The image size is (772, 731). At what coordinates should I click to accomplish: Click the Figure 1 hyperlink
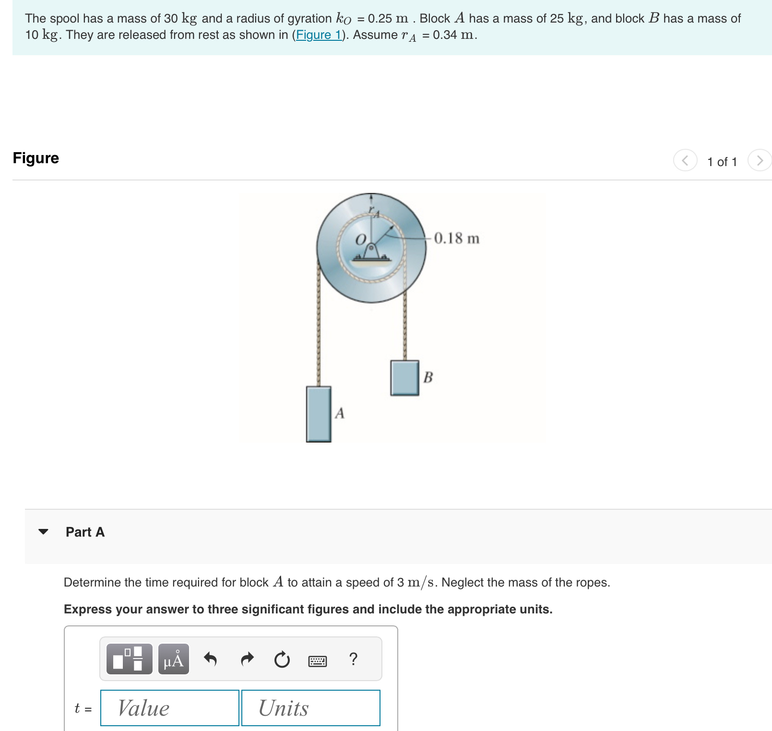point(319,35)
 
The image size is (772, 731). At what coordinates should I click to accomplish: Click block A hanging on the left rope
point(319,414)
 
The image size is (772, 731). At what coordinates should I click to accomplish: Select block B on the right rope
point(404,378)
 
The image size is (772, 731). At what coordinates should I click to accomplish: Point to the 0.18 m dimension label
point(456,239)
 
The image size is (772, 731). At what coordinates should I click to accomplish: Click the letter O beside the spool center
point(361,240)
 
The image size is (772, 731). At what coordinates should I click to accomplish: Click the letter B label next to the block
point(428,377)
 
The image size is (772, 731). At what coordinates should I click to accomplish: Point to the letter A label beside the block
point(340,413)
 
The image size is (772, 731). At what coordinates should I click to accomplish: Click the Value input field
point(170,708)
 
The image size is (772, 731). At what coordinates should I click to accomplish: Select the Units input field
point(311,708)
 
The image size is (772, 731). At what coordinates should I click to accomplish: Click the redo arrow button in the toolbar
point(247,659)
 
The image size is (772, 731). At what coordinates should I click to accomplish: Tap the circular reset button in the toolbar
point(282,659)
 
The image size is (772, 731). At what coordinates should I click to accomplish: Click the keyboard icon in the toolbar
point(318,661)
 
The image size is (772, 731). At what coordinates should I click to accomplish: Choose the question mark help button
point(353,659)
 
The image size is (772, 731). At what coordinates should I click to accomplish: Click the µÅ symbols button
point(174,659)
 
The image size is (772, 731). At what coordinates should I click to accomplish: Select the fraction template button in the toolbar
point(129,659)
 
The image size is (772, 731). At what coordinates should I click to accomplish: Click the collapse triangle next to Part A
point(43,531)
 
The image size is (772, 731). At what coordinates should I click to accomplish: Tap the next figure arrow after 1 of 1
point(760,160)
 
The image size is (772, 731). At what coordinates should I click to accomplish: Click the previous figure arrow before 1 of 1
point(685,160)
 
